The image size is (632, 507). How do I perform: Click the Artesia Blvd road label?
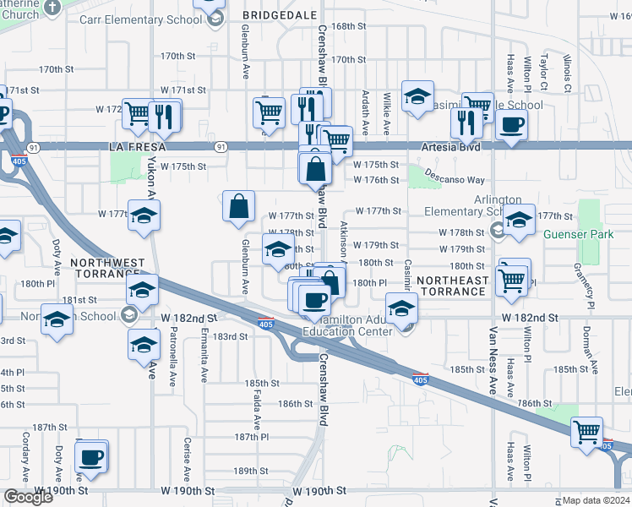pos(451,147)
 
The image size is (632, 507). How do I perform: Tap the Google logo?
pos(29,497)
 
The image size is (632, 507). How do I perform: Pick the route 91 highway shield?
pos(220,146)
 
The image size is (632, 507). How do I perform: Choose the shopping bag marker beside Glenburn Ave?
pos(239,207)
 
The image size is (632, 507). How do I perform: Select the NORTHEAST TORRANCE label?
pos(453,286)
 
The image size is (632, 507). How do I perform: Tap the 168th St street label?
pos(348,26)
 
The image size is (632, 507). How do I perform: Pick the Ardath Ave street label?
pos(366,114)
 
